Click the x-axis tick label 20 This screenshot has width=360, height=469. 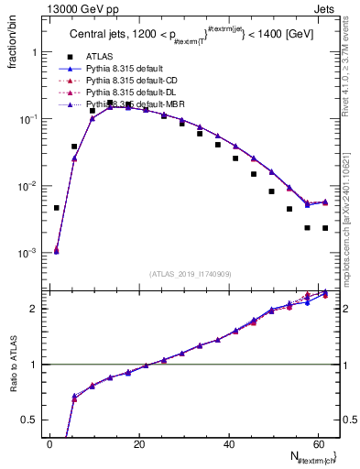(x=139, y=443)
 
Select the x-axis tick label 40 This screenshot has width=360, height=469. (x=229, y=443)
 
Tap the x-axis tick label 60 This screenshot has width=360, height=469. (x=318, y=443)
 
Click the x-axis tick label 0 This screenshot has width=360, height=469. (x=49, y=443)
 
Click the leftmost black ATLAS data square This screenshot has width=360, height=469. (x=57, y=208)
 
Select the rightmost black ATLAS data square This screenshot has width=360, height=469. (x=325, y=228)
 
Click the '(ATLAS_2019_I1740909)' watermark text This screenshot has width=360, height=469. (x=190, y=272)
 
